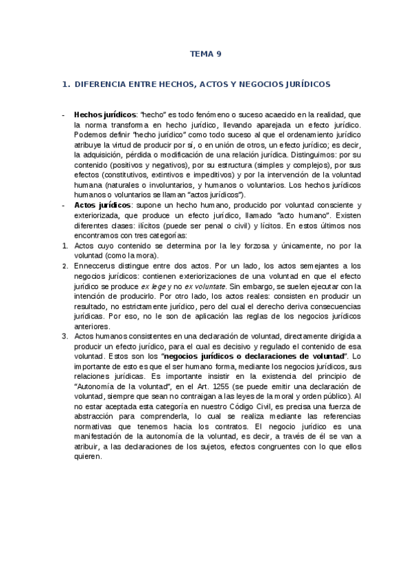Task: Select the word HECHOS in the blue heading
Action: coord(177,84)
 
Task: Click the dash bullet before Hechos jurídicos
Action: coord(63,116)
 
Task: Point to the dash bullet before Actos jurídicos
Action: coord(63,205)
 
